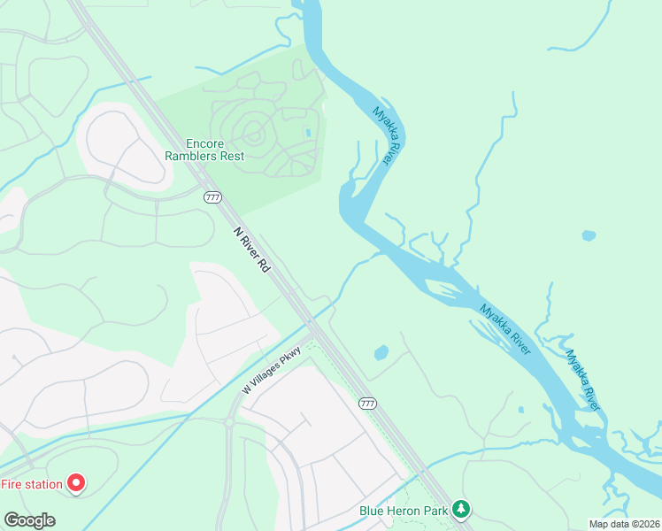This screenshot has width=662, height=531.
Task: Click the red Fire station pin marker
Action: coord(76,483)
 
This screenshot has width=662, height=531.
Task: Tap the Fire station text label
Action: coord(32,484)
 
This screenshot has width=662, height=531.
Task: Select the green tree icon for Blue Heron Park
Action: coord(460,509)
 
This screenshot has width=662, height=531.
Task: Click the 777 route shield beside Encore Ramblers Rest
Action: coord(212,196)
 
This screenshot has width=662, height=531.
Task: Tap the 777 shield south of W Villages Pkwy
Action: coord(368,404)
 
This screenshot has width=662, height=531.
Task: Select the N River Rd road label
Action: coord(251,249)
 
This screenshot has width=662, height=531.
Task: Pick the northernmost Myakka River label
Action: coord(387,135)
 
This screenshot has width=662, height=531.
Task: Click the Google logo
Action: coord(29,519)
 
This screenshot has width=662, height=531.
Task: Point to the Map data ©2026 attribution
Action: coord(625,524)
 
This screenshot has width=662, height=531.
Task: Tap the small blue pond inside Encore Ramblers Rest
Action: coord(308,133)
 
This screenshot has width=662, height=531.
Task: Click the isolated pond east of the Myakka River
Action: coord(588,235)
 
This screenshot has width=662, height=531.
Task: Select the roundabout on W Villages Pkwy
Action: coord(228,423)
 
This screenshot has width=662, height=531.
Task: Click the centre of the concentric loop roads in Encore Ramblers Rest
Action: coord(255,135)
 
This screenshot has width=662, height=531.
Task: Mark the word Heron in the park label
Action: coord(414,511)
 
